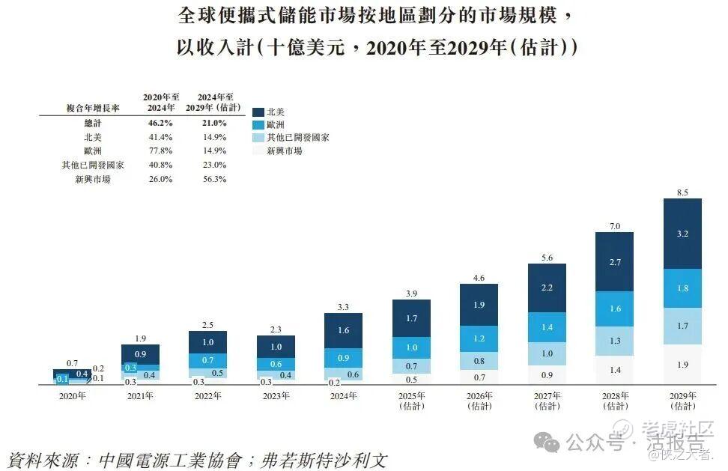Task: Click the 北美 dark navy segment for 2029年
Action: pyautogui.click(x=682, y=234)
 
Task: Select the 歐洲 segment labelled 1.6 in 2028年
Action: pyautogui.click(x=614, y=309)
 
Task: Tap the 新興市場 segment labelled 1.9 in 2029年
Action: pyautogui.click(x=682, y=365)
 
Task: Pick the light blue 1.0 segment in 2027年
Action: pyautogui.click(x=547, y=353)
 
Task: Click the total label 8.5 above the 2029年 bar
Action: pyautogui.click(x=682, y=192)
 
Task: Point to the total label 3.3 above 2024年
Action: pyautogui.click(x=343, y=306)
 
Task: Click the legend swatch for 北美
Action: pyautogui.click(x=259, y=112)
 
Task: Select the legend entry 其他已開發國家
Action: pyautogui.click(x=297, y=138)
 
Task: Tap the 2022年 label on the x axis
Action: pyautogui.click(x=207, y=396)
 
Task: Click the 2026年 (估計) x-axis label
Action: pyautogui.click(x=479, y=401)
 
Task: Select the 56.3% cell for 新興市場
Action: pyautogui.click(x=213, y=179)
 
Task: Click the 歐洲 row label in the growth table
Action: pyautogui.click(x=92, y=151)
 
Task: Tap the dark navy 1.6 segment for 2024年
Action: pyautogui.click(x=343, y=329)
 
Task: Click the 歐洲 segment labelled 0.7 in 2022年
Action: pyautogui.click(x=207, y=360)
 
